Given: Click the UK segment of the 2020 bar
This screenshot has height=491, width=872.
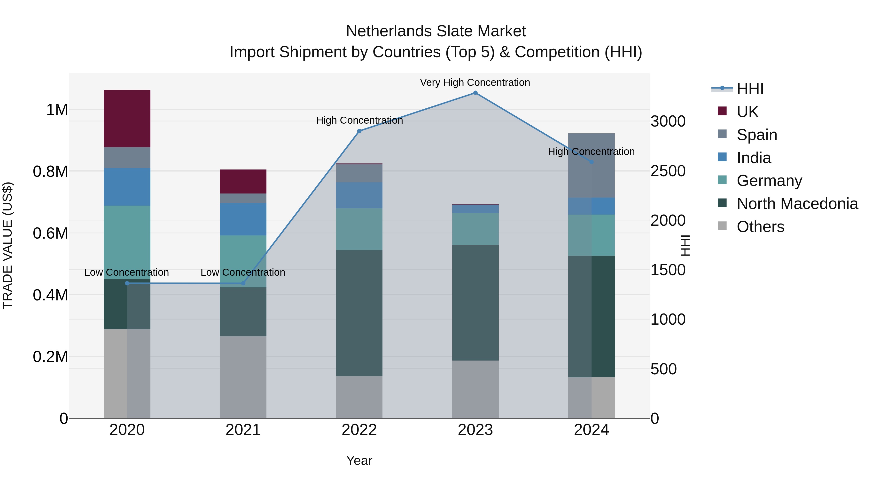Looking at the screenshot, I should pos(127,119).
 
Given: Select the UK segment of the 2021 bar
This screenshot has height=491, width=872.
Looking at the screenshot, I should pos(243,182).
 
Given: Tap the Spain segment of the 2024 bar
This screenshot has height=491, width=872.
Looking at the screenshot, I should pos(591,165).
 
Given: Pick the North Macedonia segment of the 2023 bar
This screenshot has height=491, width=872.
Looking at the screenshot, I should pos(475,303).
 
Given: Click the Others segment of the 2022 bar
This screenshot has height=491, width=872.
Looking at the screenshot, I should pos(359,397).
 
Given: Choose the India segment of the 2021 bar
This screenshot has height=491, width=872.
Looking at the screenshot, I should pos(243,219).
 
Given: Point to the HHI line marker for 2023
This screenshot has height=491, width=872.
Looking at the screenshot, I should pos(475,93).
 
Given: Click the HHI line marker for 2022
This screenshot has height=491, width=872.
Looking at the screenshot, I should pos(359,131).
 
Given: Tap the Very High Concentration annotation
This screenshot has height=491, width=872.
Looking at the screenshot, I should pos(475,83).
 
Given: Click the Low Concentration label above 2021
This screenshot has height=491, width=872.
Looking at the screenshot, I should pos(243,273).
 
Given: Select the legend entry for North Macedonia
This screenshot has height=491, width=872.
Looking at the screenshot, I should pos(797,204).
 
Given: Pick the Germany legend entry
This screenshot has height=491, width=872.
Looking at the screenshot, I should pos(769,181).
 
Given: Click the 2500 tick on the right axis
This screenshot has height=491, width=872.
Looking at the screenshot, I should pos(668,171).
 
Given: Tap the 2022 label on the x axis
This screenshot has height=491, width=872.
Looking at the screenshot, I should pos(359,430).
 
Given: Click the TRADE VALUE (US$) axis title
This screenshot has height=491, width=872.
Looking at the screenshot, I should pos(8,245).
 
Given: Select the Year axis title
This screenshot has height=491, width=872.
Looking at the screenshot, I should pos(359,460).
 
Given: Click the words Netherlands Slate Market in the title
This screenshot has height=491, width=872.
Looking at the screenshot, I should pos(436,32).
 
